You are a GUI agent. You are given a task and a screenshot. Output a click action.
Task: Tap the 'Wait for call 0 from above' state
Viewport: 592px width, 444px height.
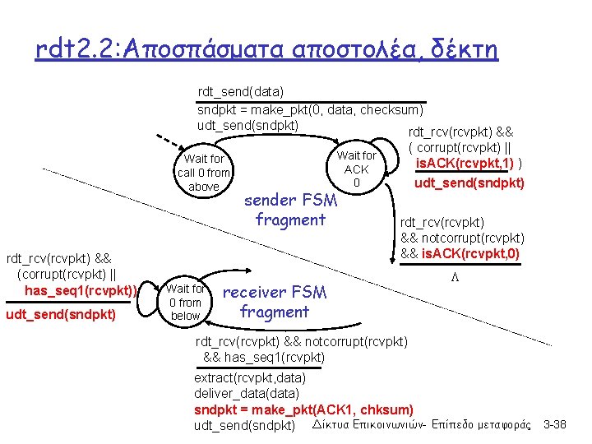coord(204,173)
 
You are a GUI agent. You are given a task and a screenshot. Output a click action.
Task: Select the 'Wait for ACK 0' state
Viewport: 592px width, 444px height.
coord(356,169)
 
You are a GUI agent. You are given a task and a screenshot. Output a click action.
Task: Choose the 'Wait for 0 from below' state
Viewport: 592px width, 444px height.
coord(185,302)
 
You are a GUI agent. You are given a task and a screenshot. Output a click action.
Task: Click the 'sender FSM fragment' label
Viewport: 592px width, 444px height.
coord(290,210)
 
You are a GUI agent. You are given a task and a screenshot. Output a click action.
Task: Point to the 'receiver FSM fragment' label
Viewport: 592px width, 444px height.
coord(275,302)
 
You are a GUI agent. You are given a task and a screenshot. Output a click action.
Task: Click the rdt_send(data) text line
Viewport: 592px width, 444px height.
coord(241,92)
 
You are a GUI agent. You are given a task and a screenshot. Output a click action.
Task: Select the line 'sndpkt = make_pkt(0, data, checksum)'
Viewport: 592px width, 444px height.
coord(311,109)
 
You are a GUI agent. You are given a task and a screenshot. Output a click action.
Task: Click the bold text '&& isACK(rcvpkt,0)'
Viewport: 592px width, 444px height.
coord(460,252)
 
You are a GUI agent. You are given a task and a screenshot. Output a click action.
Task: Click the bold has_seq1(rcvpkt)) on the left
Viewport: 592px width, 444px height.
coord(80,290)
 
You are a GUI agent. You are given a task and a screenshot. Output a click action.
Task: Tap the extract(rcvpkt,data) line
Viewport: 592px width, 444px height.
coord(250,378)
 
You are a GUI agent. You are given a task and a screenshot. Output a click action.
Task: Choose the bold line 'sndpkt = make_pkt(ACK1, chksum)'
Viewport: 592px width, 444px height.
coord(303,409)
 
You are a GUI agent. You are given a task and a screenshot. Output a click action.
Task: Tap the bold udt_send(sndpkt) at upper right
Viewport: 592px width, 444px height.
coord(469,182)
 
